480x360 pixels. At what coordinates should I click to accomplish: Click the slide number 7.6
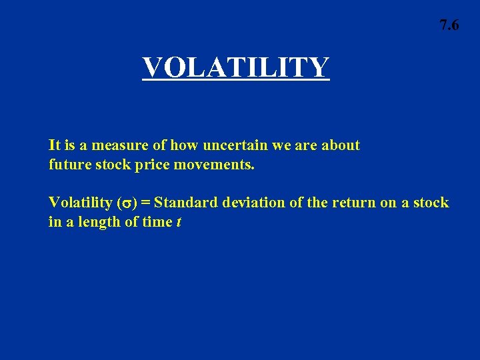pos(449,26)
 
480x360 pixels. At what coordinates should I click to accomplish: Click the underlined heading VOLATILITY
pos(235,67)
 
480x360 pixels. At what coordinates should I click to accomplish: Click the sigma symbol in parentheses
pos(127,203)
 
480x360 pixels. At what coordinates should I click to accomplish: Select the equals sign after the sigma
pos(145,203)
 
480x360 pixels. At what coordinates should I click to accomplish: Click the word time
pos(157,221)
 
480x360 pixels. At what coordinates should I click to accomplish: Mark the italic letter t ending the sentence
pos(178,222)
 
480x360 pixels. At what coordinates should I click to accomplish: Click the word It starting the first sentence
pos(55,145)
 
